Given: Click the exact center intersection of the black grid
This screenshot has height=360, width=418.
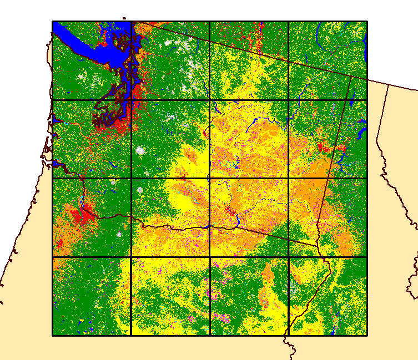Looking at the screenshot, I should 210,179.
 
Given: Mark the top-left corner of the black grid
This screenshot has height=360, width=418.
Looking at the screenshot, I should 53,22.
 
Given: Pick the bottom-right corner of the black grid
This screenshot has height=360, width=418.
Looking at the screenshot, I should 367,335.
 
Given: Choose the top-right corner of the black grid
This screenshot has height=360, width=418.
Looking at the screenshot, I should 367,22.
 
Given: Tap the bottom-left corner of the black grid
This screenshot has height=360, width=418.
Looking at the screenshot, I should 53,335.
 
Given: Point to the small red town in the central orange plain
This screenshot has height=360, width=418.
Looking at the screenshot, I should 229,210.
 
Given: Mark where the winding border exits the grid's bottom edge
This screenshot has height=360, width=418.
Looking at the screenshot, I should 288,335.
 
